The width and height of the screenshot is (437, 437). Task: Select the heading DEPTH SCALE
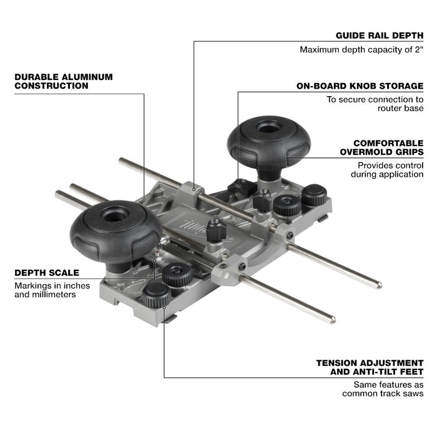click(47, 273)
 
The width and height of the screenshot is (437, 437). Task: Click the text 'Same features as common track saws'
click(383, 389)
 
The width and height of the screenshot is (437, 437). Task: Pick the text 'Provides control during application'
click(390, 170)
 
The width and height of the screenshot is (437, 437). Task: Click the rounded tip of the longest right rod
click(378, 285)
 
